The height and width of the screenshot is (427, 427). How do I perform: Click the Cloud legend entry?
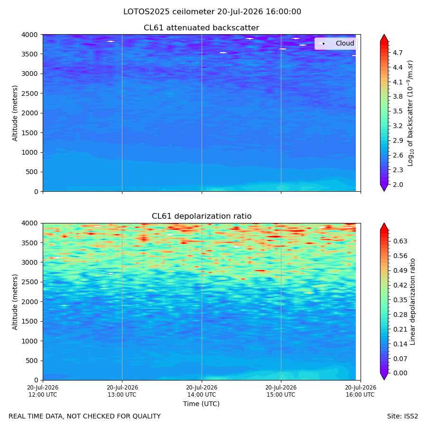[x=336, y=43]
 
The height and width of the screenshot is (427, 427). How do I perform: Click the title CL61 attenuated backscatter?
[x=201, y=28]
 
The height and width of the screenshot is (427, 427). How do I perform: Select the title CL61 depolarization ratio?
[x=202, y=216]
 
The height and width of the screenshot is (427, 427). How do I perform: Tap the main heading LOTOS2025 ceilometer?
[x=169, y=12]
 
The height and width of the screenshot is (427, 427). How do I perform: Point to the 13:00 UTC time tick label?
[x=122, y=391]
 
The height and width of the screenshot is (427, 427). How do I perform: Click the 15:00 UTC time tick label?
[x=281, y=391]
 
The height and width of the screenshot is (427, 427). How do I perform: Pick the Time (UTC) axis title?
[x=201, y=404]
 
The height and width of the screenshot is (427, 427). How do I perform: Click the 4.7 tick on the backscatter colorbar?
[x=398, y=53]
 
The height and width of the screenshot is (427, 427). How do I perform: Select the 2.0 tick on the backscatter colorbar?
[x=398, y=185]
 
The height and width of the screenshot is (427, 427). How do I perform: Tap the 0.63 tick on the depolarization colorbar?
[x=400, y=241]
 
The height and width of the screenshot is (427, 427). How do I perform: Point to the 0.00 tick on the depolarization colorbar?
[x=400, y=373]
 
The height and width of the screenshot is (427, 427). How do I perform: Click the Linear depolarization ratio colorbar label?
[x=412, y=302]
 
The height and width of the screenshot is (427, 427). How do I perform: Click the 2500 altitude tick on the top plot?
[x=29, y=93]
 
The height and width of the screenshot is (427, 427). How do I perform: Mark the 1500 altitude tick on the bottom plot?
[x=29, y=321]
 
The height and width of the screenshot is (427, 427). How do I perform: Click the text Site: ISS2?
[x=402, y=416]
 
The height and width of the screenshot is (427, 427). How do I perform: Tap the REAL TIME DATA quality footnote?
[x=85, y=416]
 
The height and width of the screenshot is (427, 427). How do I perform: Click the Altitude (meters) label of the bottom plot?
[x=15, y=302]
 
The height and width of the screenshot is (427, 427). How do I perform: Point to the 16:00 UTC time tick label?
[x=361, y=391]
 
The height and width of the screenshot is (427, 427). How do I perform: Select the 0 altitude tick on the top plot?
[x=36, y=192]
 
